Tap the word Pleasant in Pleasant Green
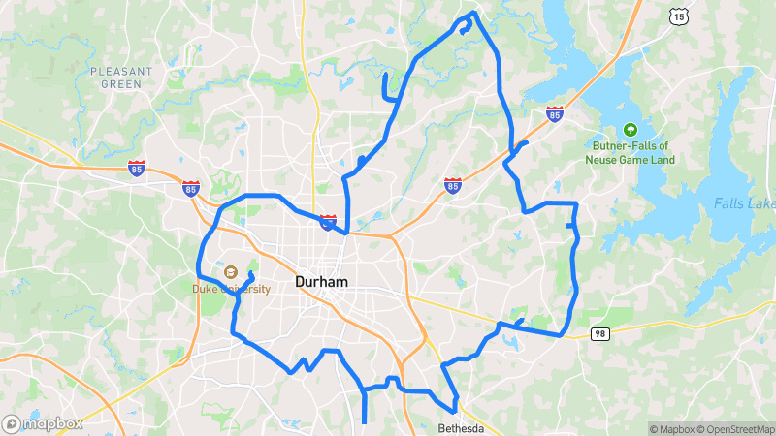(x=121, y=72)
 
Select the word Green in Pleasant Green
(x=121, y=84)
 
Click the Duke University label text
(x=232, y=289)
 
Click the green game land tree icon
(x=630, y=129)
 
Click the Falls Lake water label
(x=744, y=203)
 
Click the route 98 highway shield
(x=600, y=333)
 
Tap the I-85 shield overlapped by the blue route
(x=329, y=223)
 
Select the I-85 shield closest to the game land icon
(x=555, y=114)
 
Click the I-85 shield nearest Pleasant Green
(x=137, y=169)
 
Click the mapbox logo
(x=42, y=423)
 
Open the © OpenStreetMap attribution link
(x=734, y=429)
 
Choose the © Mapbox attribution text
(x=671, y=429)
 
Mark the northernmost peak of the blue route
(x=473, y=13)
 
